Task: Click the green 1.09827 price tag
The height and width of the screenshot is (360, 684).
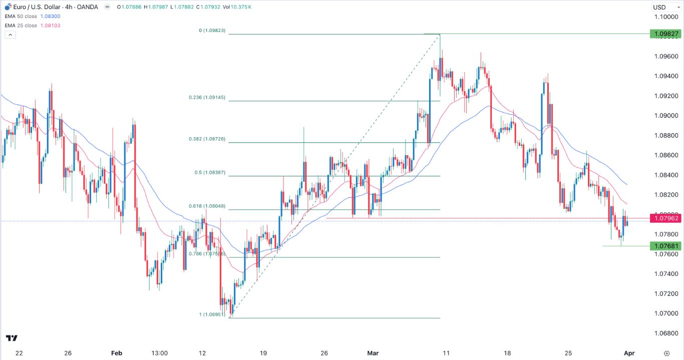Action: (664, 34)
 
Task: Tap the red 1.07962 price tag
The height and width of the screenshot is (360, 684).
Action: (664, 218)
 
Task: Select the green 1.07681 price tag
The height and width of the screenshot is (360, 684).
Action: (664, 246)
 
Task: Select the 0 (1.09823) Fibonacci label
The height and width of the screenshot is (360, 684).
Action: (212, 31)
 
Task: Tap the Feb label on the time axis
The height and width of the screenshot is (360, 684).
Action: (117, 353)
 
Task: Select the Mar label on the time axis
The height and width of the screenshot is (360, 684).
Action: (373, 353)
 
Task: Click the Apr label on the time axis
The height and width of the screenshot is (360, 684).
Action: (629, 353)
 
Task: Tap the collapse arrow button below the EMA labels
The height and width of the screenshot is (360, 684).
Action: (10, 35)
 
